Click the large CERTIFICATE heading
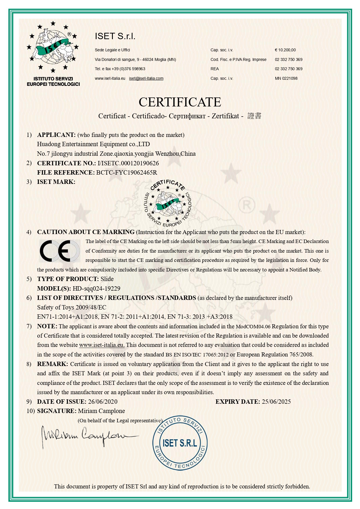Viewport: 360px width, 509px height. [x=180, y=102]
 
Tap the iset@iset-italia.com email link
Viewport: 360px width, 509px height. [x=146, y=78]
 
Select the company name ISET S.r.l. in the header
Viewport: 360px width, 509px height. [x=115, y=36]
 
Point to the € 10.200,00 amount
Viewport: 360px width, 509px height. [x=285, y=50]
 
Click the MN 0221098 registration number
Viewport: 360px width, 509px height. [x=286, y=78]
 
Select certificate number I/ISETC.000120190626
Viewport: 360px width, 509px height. [x=128, y=163]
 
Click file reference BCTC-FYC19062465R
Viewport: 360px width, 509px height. [x=127, y=173]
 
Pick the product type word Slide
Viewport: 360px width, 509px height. [x=107, y=279]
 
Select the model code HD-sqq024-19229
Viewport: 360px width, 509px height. [x=96, y=289]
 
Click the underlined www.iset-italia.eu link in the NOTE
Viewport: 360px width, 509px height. [x=102, y=345]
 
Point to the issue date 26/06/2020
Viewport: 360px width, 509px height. [x=103, y=402]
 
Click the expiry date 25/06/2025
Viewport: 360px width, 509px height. [x=276, y=402]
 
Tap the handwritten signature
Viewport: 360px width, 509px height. [x=87, y=436]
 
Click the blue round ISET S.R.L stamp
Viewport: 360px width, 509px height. [x=180, y=443]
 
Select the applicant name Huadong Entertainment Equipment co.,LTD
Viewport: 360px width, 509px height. [x=93, y=144]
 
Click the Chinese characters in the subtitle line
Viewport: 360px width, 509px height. [x=254, y=116]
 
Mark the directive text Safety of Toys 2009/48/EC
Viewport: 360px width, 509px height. [x=72, y=307]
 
